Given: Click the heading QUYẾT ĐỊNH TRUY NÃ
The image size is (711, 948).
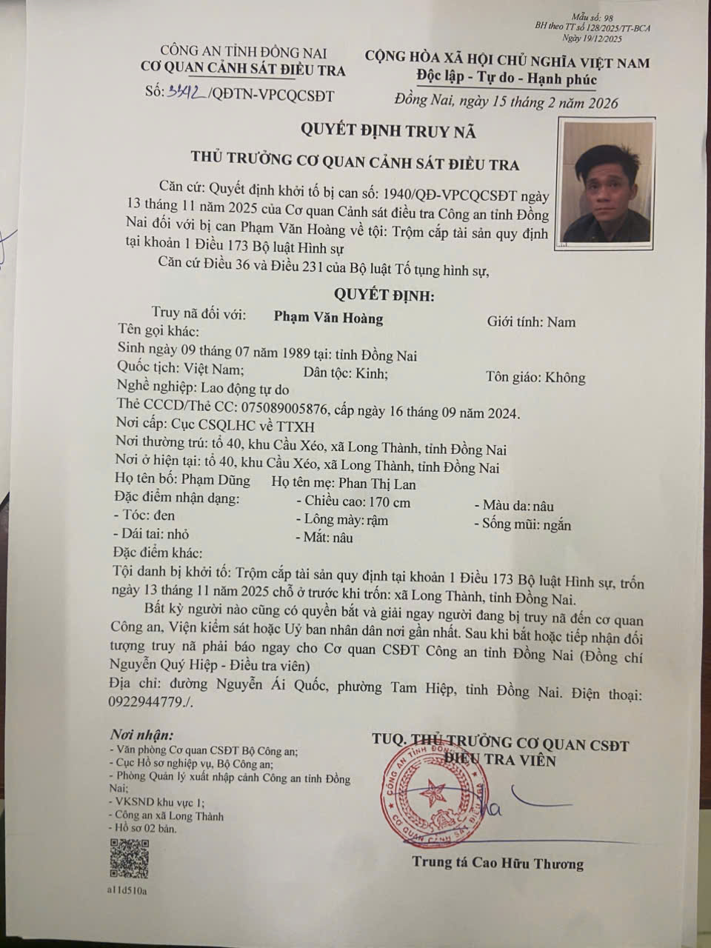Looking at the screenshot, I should (387, 132).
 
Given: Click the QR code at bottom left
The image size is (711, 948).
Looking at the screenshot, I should (129, 858).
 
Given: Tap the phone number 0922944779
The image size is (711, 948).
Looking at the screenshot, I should (146, 702).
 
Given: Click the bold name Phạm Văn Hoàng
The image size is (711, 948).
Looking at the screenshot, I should (328, 318).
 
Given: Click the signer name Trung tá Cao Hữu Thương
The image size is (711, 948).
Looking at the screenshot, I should (498, 864).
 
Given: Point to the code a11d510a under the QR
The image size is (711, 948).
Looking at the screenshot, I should (127, 890).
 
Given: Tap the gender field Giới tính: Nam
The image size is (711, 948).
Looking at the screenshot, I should (530, 322).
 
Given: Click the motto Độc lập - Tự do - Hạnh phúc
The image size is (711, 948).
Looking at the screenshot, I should (507, 79).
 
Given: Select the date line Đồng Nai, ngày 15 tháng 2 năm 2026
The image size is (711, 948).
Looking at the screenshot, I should (507, 102).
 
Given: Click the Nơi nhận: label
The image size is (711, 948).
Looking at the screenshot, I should (141, 735).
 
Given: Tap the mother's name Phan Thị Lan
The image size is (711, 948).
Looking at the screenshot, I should (377, 484).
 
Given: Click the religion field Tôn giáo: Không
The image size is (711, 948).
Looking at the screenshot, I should (535, 378).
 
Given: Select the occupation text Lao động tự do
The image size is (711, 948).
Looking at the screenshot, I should (245, 389).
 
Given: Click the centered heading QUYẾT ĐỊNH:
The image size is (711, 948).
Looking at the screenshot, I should (384, 295).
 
